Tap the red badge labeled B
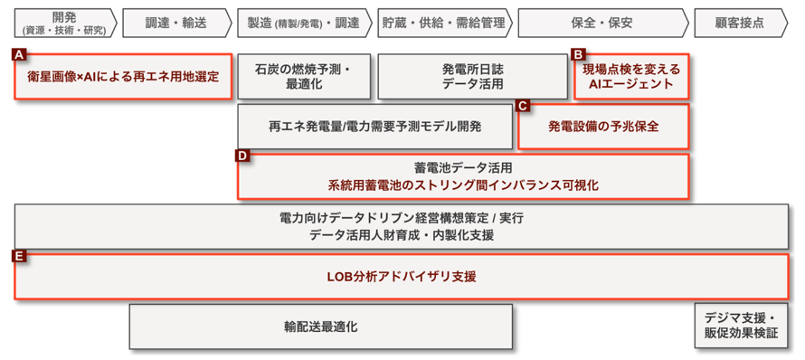coord(579,54)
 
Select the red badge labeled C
coord(523,105)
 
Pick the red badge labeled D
coord(242,156)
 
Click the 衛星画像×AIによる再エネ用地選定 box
coord(123,77)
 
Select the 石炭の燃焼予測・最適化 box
coord(304,77)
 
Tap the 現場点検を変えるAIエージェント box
coord(630,77)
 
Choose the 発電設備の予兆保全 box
coord(603,127)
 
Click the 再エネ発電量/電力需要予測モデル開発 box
coord(374,127)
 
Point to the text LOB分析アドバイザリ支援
coord(402,276)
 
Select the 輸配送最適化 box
coord(320,327)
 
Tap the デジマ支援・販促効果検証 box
coord(741,327)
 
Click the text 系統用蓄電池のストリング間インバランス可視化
coord(463,185)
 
